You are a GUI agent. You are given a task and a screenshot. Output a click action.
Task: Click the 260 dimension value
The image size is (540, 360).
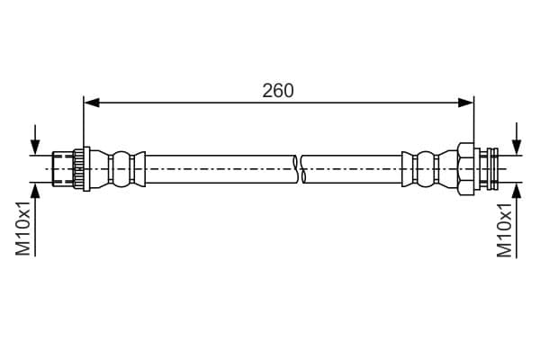click(278, 91)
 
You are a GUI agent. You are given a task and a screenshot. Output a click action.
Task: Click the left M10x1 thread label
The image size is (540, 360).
click(23, 229)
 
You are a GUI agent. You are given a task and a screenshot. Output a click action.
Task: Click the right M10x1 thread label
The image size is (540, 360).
click(505, 230)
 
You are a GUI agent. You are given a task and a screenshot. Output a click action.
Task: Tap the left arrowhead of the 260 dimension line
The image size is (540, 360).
click(92, 103)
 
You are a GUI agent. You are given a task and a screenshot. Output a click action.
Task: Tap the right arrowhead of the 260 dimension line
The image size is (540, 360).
click(465, 103)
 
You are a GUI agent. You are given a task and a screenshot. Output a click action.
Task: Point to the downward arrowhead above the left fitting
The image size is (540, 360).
click(35, 148)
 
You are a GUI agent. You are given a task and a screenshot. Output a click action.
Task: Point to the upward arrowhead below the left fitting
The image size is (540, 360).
click(35, 190)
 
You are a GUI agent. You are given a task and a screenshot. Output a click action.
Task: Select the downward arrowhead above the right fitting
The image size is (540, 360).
click(517, 148)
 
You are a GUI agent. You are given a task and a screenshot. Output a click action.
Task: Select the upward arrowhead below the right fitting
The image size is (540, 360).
click(517, 191)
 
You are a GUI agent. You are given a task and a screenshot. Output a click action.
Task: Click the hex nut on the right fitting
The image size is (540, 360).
click(465, 169)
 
